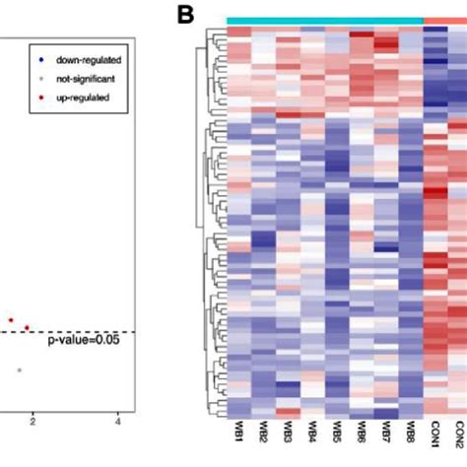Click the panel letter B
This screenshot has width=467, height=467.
[x=186, y=16]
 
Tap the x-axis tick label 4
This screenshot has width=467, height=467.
[x=118, y=422]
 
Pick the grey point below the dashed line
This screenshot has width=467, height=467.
[x=19, y=369]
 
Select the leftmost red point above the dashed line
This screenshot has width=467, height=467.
[x=11, y=320]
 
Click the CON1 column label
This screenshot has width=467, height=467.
[x=435, y=437]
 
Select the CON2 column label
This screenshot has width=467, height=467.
[x=459, y=437]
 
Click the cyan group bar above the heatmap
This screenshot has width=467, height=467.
[x=325, y=21]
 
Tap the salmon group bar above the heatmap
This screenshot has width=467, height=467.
[x=445, y=21]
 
